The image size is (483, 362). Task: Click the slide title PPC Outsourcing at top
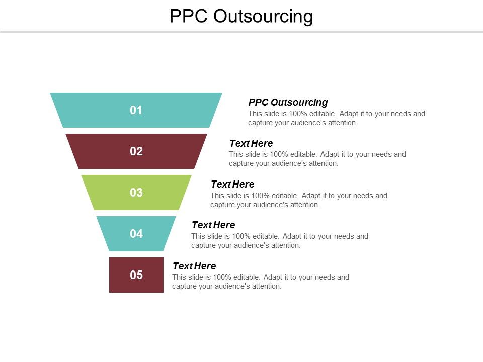tap(241, 16)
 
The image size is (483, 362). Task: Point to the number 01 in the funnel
tap(136, 110)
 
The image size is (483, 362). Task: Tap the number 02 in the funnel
tap(136, 151)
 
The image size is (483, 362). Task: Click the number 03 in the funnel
tap(136, 193)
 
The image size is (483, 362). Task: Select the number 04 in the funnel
tap(136, 234)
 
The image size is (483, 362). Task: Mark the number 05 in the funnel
tap(136, 275)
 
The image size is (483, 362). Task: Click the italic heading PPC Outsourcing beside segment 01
tap(288, 102)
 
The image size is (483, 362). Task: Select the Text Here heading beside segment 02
tap(251, 143)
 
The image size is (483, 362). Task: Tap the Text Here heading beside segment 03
tap(232, 184)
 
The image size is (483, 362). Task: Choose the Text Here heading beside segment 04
tap(213, 225)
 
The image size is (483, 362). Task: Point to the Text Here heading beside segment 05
tap(194, 266)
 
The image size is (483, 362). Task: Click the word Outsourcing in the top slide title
tap(263, 16)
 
